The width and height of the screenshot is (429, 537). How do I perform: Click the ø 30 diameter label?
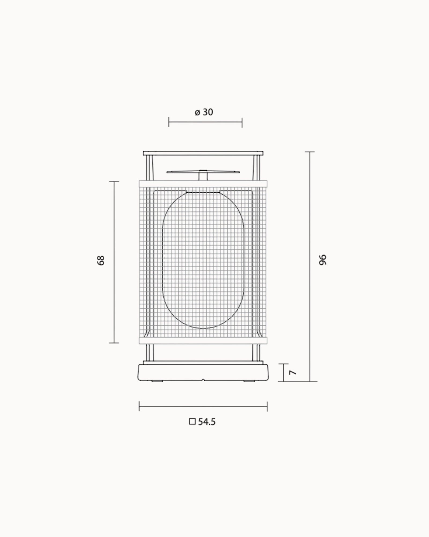coord(204,112)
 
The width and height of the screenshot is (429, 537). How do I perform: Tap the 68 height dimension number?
coord(101,260)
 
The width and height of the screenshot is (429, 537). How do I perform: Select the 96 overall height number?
coord(323,260)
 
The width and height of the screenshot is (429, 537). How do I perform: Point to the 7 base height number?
coord(294,372)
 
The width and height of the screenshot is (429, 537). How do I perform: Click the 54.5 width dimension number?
coord(207,422)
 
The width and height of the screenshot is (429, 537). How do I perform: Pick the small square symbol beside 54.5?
coord(192,421)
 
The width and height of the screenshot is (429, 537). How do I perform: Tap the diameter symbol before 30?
coord(197,113)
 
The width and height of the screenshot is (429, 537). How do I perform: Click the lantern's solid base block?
coord(203,372)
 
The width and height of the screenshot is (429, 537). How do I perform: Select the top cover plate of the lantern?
coord(203,153)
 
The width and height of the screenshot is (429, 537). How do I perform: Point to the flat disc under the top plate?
coord(203,171)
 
